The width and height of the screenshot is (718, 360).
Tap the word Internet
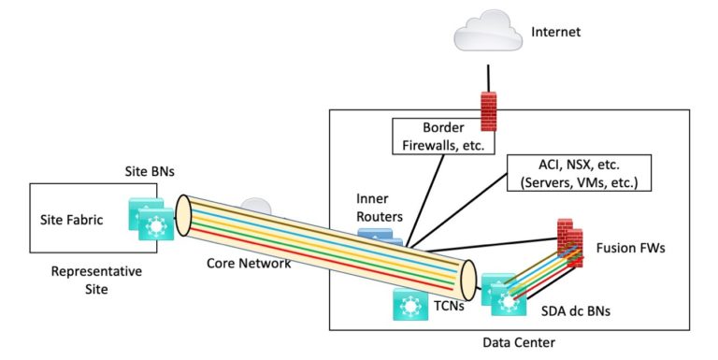coord(556,32)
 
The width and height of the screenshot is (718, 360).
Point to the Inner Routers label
coord(379,209)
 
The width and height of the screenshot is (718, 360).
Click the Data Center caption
coord(519,343)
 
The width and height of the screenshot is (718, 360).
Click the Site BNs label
coord(150,174)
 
